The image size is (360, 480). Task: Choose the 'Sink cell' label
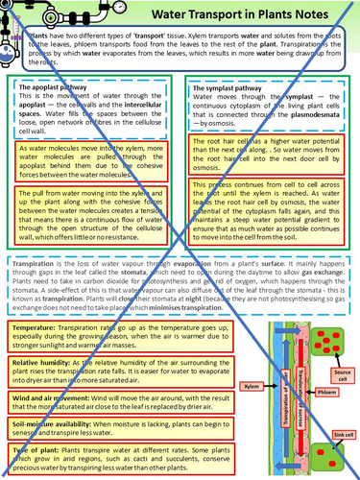[x=338, y=436]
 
